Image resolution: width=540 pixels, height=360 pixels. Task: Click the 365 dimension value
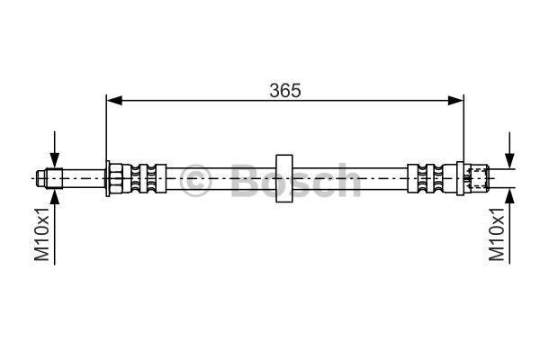pyautogui.click(x=285, y=90)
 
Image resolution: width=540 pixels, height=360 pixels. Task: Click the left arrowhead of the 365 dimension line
pyautogui.click(x=114, y=101)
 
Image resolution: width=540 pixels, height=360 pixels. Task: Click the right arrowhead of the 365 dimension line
pyautogui.click(x=455, y=101)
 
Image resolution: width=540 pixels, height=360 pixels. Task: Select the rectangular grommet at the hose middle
pyautogui.click(x=284, y=178)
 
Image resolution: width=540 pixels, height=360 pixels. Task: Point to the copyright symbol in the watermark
pyautogui.click(x=195, y=180)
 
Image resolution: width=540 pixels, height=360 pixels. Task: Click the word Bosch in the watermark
pyautogui.click(x=295, y=180)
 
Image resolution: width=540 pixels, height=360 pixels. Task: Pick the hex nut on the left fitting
pyautogui.click(x=116, y=178)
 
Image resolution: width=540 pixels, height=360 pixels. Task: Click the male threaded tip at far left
pyautogui.click(x=49, y=178)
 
